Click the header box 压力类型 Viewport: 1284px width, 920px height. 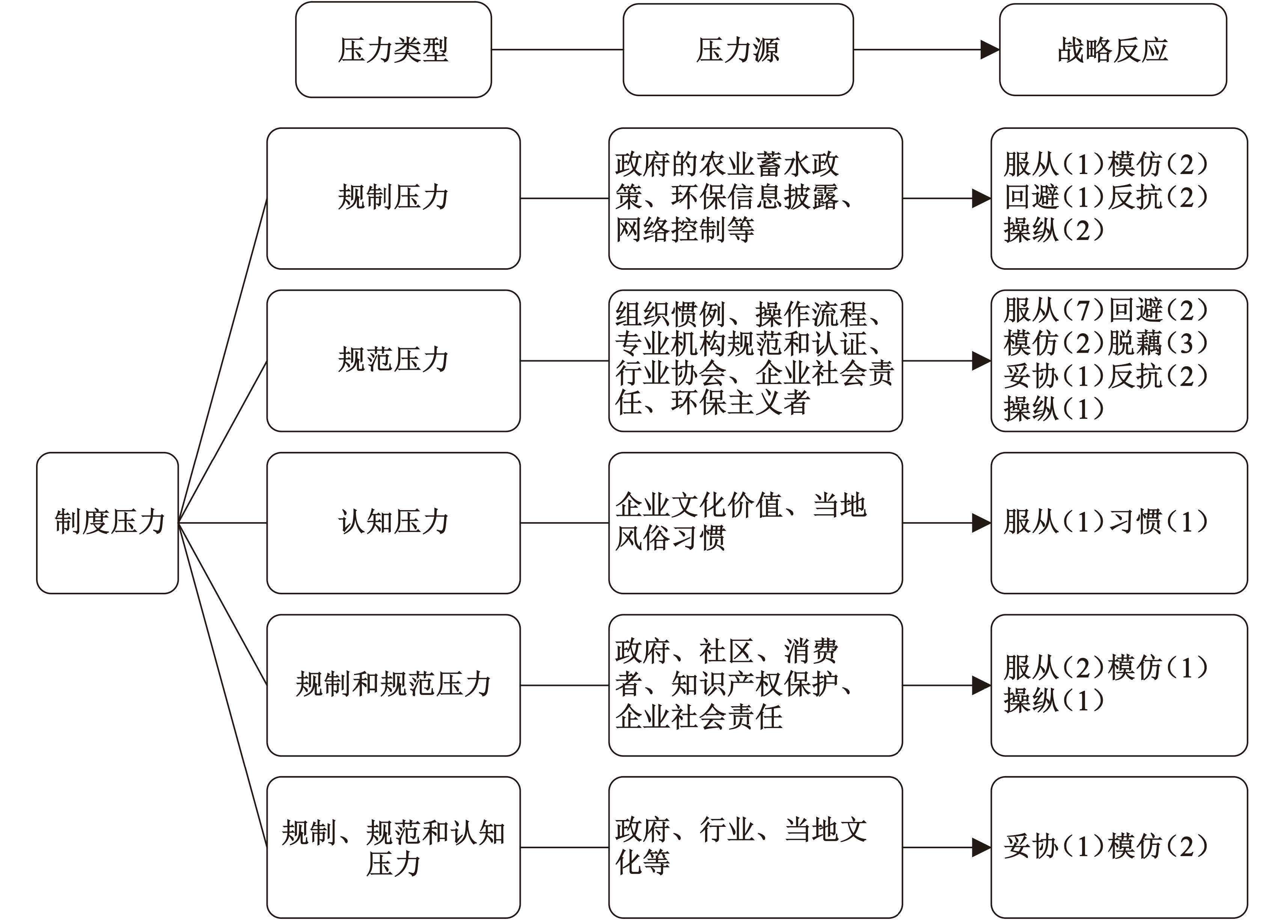[393, 50]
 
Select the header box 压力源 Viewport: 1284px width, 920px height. [738, 50]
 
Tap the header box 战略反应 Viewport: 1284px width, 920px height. [1113, 50]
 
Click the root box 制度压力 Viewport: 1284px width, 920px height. [108, 523]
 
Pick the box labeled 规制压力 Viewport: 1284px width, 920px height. [393, 198]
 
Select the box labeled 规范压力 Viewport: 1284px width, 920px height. [393, 361]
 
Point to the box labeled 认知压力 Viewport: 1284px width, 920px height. [393, 523]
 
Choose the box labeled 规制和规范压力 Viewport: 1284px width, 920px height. [393, 686]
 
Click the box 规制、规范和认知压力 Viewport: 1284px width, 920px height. [393, 847]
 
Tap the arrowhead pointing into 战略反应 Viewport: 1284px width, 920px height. [990, 50]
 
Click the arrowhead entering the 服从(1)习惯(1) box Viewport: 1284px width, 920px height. [982, 523]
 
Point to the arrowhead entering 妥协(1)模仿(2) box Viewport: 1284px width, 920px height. [982, 847]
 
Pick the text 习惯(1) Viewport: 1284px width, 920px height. [1158, 522]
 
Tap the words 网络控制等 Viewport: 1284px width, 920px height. [685, 230]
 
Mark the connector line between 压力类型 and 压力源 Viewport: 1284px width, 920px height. [558, 50]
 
